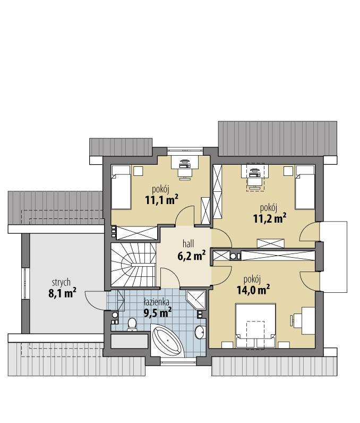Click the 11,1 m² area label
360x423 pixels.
point(161,200)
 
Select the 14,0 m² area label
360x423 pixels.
point(253,289)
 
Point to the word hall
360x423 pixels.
point(188,243)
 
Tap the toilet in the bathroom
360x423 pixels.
point(133,324)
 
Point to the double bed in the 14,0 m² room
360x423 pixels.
point(255,325)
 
